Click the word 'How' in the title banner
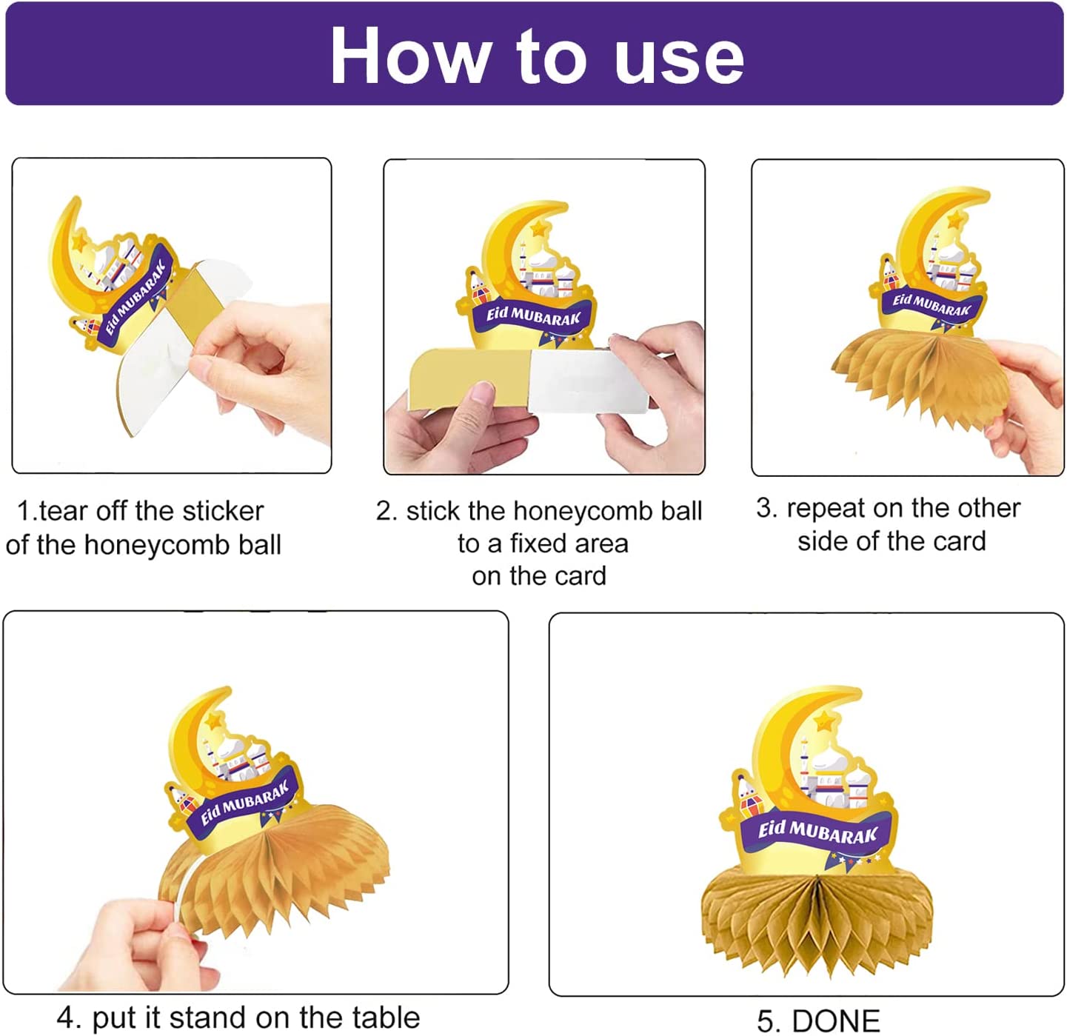[x=410, y=56]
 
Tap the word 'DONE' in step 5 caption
[x=837, y=1020]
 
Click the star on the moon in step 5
[x=823, y=720]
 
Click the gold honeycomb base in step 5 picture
[x=817, y=921]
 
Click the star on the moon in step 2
[x=538, y=227]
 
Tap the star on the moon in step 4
[x=215, y=720]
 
